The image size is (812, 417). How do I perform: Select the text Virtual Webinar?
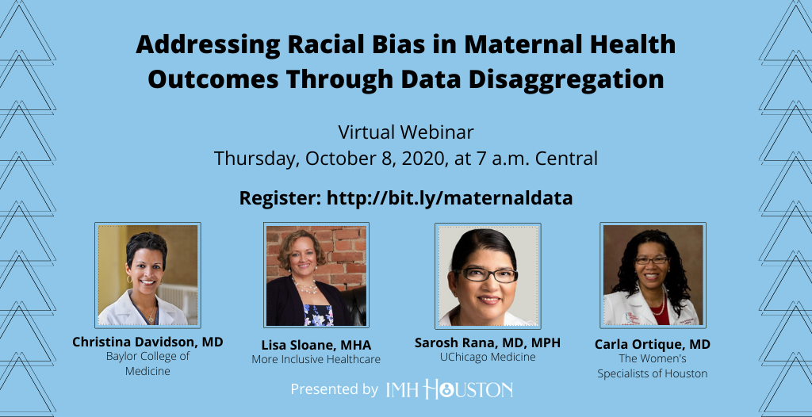pyautogui.click(x=406, y=132)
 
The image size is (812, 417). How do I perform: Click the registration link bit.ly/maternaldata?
pyautogui.click(x=450, y=198)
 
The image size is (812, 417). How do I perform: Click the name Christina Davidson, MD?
pyautogui.click(x=147, y=342)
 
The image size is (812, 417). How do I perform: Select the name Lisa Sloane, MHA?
pyautogui.click(x=316, y=346)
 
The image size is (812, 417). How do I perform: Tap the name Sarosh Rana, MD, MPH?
pyautogui.click(x=488, y=343)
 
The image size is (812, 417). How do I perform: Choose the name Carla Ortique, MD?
pyautogui.click(x=652, y=345)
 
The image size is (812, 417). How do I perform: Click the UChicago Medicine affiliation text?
pyautogui.click(x=488, y=358)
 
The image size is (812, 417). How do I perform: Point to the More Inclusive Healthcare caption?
pyautogui.click(x=316, y=359)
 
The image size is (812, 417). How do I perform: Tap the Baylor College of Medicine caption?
pyautogui.click(x=147, y=364)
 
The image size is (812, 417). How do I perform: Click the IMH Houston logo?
pyautogui.click(x=450, y=389)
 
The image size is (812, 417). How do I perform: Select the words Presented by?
pyautogui.click(x=334, y=389)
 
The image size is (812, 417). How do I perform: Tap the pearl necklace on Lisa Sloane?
pyautogui.click(x=306, y=288)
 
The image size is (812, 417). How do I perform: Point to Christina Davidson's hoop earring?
pyautogui.click(x=129, y=280)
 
